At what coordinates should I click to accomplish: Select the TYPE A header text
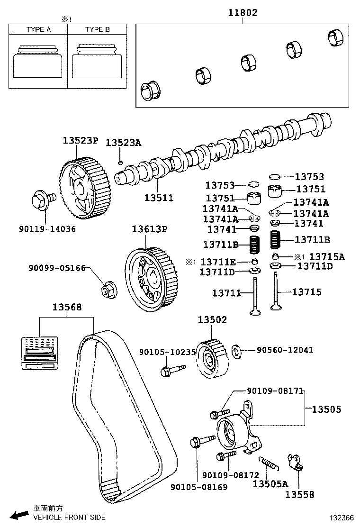click(38, 29)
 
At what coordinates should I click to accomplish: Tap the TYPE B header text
click(97, 29)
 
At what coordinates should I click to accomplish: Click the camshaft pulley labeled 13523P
click(85, 185)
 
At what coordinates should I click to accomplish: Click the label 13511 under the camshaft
click(159, 198)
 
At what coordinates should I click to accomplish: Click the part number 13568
click(67, 308)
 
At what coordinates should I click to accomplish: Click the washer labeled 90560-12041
click(237, 351)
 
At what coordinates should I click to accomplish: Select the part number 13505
click(326, 409)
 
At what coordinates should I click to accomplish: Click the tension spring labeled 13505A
click(269, 463)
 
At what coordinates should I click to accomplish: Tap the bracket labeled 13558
click(296, 462)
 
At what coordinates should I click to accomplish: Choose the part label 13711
click(226, 294)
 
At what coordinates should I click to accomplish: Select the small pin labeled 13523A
click(121, 163)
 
